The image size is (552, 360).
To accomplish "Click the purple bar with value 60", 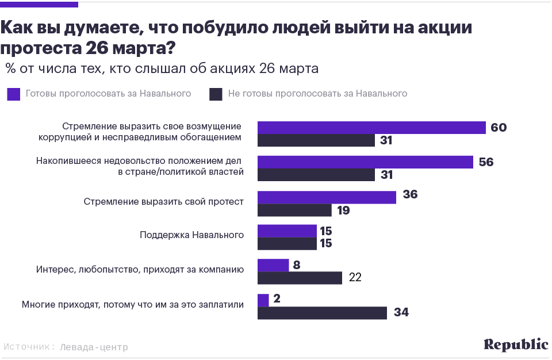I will coord(371,128).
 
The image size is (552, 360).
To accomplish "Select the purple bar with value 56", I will coord(365,162).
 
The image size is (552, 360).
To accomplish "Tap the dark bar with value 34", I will coord(322,313).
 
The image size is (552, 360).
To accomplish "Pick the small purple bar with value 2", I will coord(263,300).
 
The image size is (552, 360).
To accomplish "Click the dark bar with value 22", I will coord(300,278).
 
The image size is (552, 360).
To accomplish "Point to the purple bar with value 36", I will coord(327,197).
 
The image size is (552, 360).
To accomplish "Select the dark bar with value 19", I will coord(294,210).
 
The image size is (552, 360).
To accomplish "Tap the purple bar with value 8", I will coord(273,265).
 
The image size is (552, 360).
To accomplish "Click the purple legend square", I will coord(13,94).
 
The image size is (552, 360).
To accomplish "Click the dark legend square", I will coord(216,94).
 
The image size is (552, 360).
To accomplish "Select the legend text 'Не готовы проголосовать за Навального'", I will coord(317,94).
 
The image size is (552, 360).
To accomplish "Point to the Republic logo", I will coord(515,344).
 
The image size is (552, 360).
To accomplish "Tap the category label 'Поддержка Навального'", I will coord(192,235).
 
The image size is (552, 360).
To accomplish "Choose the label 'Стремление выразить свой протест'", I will coord(164,202).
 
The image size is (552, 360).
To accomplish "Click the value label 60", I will coord(498,128).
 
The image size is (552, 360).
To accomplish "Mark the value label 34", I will coord(401,313).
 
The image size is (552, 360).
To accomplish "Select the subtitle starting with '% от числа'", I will coord(162,69).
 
